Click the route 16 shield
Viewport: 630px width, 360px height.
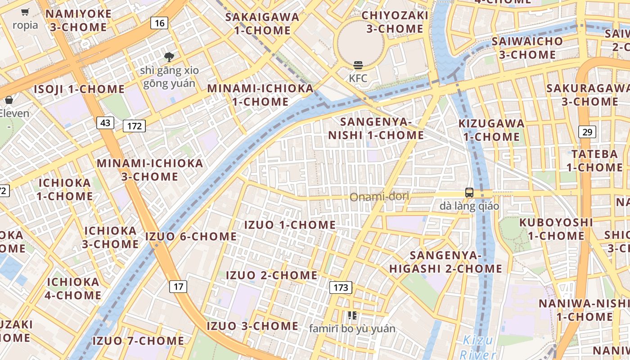pos(160,23)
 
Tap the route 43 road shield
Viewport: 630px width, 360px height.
pos(105,122)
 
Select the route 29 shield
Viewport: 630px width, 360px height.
pos(587,132)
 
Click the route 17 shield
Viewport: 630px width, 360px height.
pos(179,286)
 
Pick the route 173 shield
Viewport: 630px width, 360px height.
pos(340,287)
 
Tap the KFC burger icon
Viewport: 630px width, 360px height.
pos(358,66)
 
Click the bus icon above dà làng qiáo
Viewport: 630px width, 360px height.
pos(469,193)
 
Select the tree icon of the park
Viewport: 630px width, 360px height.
pos(169,57)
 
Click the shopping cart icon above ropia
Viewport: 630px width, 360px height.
pos(25,12)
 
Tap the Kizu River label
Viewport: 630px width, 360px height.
pos(477,346)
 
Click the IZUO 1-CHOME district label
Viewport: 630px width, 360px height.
pos(290,225)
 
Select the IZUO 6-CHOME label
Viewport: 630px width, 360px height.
pos(191,236)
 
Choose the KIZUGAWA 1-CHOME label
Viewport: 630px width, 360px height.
pos(491,130)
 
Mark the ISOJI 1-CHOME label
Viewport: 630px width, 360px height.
pos(79,89)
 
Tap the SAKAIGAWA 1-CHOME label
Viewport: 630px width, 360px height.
pos(262,24)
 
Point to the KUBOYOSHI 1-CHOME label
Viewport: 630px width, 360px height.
pos(556,229)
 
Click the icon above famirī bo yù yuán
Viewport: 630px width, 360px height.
pos(352,315)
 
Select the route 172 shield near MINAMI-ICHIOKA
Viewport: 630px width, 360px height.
pos(134,126)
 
